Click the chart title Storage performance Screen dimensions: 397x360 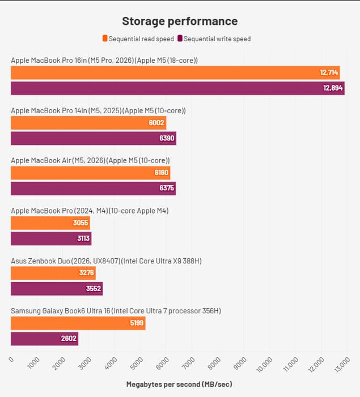(x=180, y=22)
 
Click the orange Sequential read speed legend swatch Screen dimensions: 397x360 (x=105, y=39)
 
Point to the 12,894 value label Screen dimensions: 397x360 (x=333, y=88)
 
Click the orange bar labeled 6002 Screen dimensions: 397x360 (x=88, y=123)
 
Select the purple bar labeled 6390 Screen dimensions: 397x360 (x=94, y=139)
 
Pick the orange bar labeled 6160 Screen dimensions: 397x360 (x=91, y=173)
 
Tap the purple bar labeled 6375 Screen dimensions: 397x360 (x=94, y=189)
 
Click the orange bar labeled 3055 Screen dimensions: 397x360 (x=50, y=223)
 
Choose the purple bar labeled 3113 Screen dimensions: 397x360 (x=51, y=239)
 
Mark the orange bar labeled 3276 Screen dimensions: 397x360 (x=53, y=273)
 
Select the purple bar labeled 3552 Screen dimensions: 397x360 (x=57, y=289)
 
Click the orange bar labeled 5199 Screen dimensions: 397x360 (x=78, y=323)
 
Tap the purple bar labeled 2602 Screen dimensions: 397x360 (x=44, y=339)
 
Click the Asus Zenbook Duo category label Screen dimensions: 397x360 (x=107, y=261)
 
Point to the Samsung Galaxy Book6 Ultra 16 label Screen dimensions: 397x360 (x=116, y=311)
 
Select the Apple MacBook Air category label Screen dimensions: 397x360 (x=90, y=161)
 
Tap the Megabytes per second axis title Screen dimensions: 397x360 (x=179, y=385)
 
